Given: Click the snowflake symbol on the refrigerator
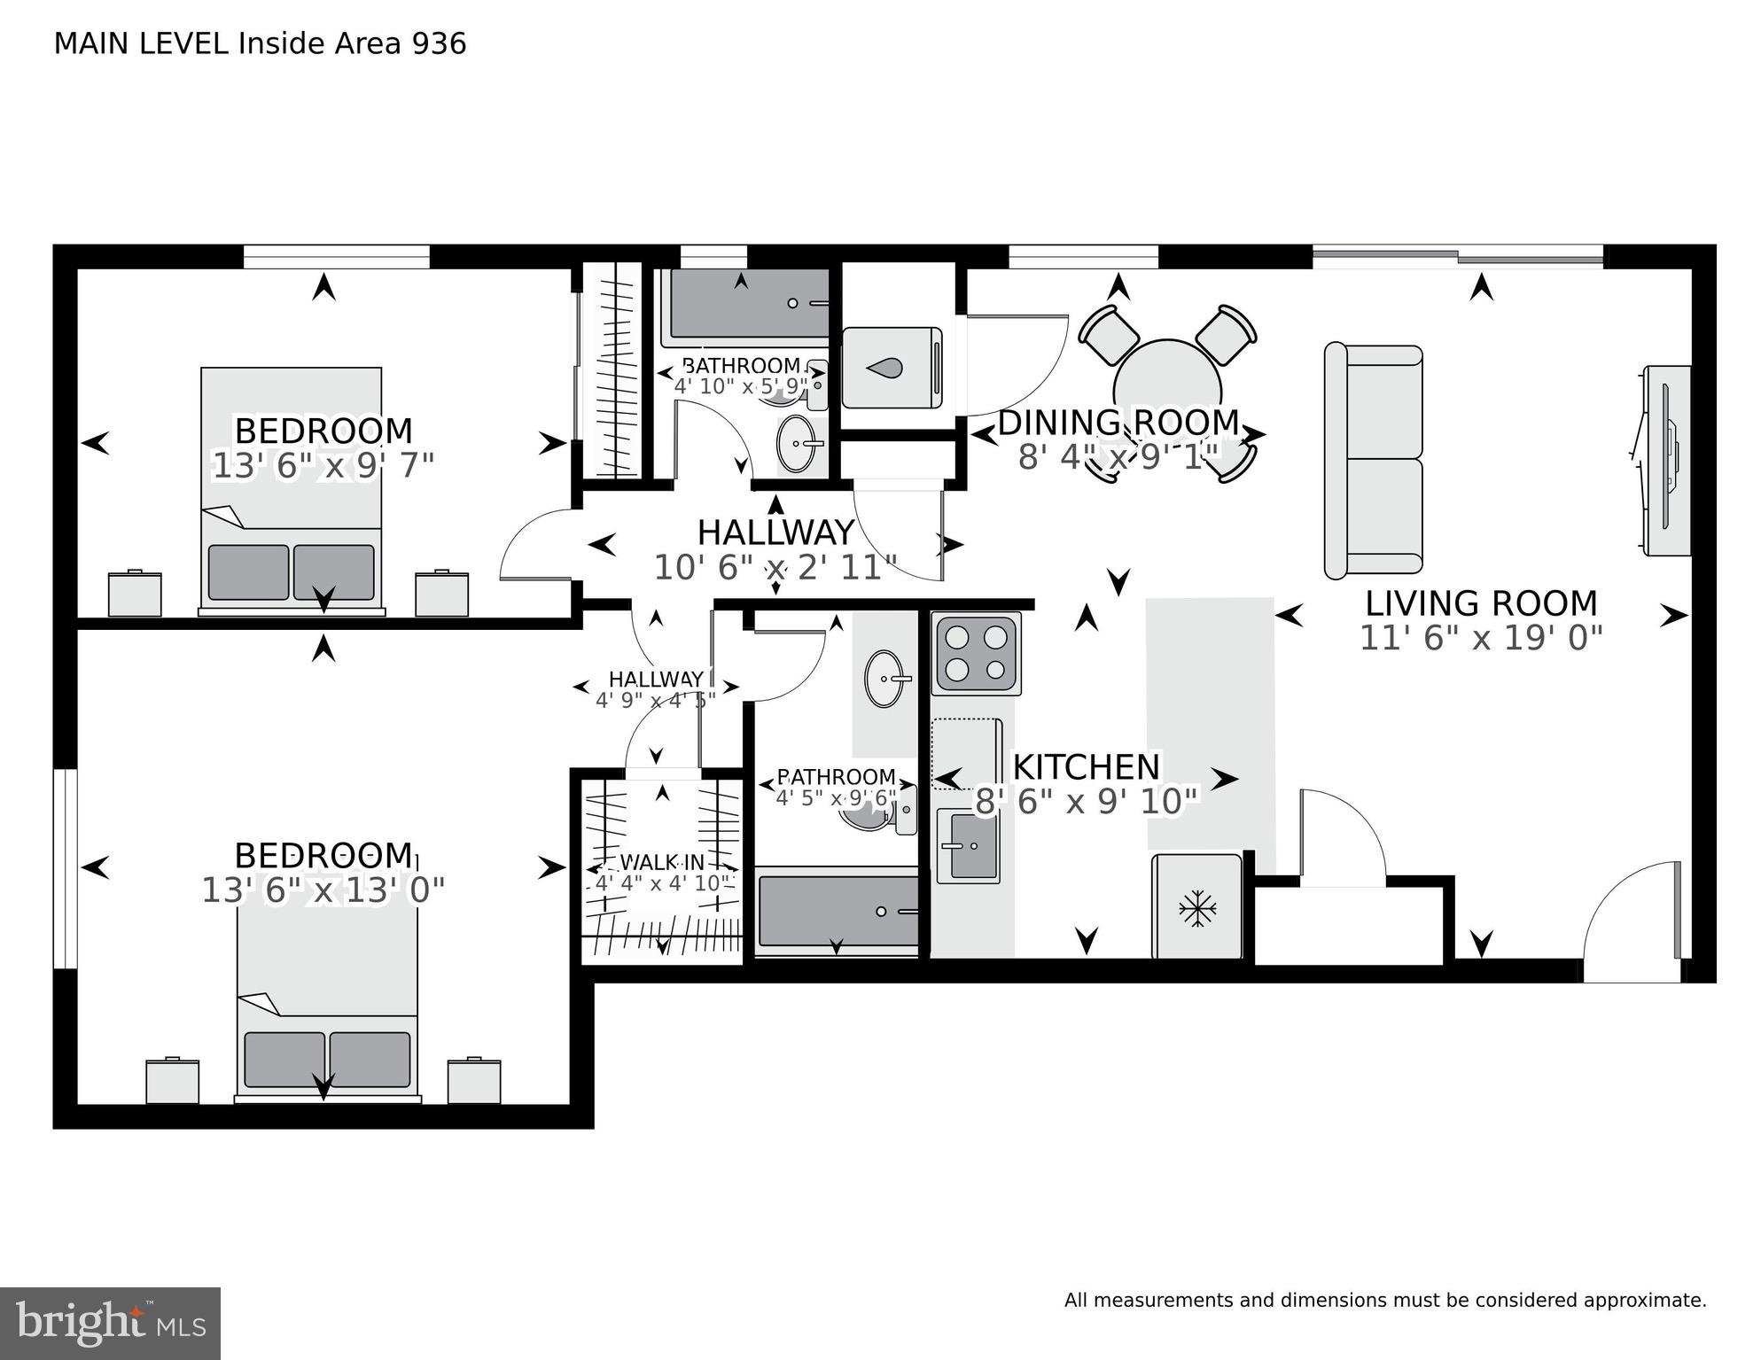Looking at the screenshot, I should pyautogui.click(x=1197, y=909).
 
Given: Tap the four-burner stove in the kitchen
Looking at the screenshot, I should pyautogui.click(x=977, y=654).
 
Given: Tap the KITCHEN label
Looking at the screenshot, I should pyautogui.click(x=1086, y=766).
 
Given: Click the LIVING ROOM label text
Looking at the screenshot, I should pyautogui.click(x=1481, y=603).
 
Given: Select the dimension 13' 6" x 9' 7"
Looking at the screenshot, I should pyautogui.click(x=323, y=465).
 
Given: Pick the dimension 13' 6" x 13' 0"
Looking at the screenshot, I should pyautogui.click(x=323, y=890).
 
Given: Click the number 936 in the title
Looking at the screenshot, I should pyautogui.click(x=439, y=43).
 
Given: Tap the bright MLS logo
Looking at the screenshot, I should pyautogui.click(x=110, y=1323).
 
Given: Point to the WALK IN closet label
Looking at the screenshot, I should pyautogui.click(x=662, y=862).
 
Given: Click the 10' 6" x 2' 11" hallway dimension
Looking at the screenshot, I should pyautogui.click(x=775, y=567).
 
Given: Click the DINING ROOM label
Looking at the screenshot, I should pyautogui.click(x=1118, y=423).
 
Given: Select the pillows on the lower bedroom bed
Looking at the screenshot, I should pyautogui.click(x=327, y=1060).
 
